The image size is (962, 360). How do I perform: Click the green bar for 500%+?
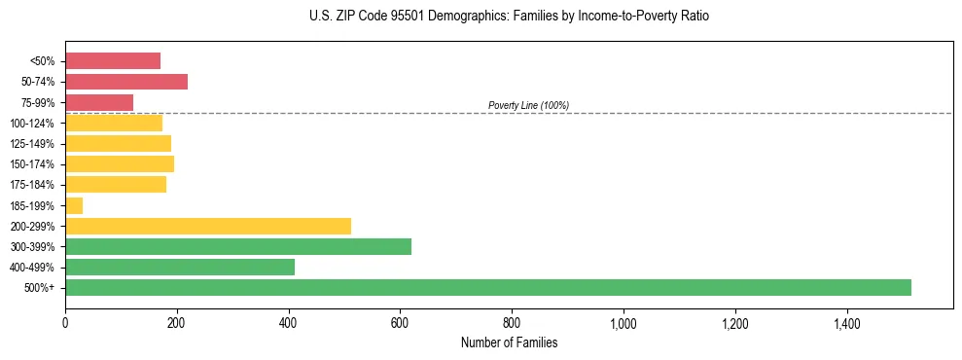point(487,288)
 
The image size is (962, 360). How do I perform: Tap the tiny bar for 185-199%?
point(74,205)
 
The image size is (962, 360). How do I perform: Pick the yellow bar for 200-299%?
point(207,227)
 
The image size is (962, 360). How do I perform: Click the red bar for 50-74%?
point(125,82)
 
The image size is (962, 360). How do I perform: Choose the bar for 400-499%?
point(179,268)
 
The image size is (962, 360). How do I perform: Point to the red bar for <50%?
point(112,61)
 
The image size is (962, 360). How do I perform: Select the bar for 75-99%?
point(98,102)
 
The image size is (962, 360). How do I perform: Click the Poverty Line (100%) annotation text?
point(528,105)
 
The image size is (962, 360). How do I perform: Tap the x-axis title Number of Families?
point(509,343)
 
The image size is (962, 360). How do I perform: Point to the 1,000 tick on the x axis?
point(623,324)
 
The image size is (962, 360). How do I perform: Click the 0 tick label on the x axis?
point(65,324)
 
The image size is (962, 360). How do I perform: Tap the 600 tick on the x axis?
point(400,324)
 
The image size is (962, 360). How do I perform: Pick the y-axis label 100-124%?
point(32,124)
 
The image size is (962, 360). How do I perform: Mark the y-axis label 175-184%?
point(32,185)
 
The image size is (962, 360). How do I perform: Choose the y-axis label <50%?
point(43,61)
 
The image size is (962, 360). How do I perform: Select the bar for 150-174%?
point(119,164)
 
